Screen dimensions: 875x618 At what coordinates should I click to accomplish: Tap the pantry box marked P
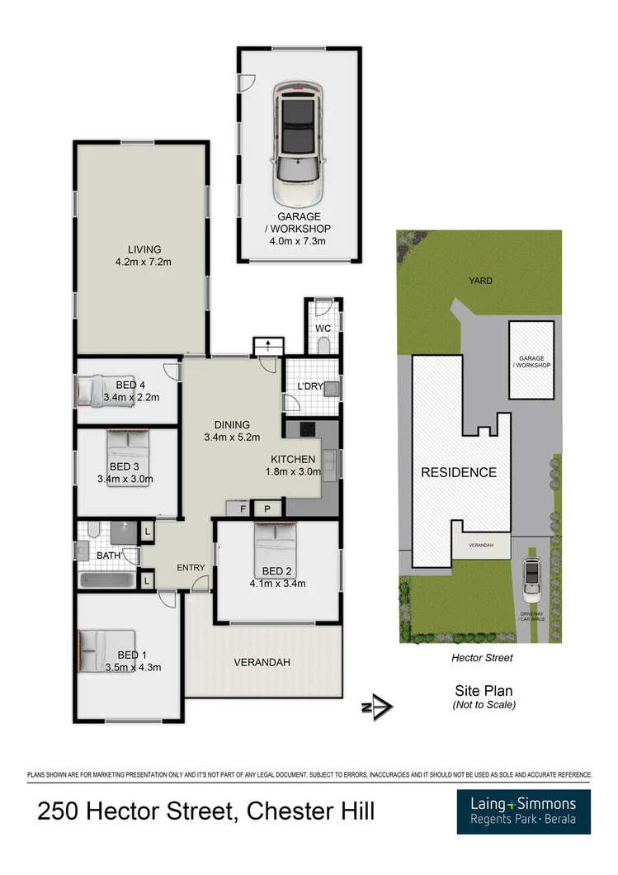(x=267, y=509)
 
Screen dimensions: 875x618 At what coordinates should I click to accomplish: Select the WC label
(x=323, y=329)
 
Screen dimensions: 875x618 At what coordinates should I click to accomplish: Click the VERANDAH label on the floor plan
(x=262, y=662)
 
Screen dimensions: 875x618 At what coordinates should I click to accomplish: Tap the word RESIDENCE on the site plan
(x=459, y=472)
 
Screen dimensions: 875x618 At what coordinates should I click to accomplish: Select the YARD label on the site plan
(x=480, y=281)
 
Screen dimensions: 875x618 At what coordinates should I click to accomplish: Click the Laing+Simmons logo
(x=523, y=811)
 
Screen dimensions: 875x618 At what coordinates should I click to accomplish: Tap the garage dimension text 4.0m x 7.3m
(x=297, y=241)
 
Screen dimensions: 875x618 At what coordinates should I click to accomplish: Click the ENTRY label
(x=191, y=568)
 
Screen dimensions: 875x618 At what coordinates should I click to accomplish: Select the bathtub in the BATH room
(x=108, y=580)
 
